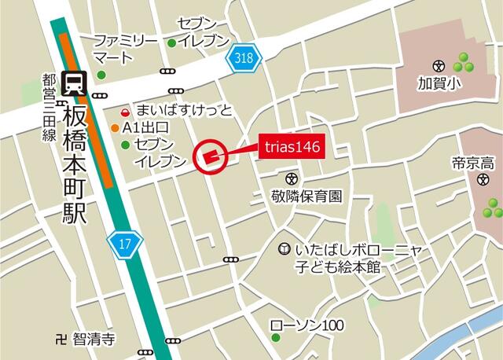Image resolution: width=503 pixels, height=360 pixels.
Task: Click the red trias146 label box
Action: [292, 146]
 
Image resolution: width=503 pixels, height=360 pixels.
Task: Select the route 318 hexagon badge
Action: [244, 57]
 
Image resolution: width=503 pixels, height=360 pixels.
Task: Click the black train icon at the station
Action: [75, 83]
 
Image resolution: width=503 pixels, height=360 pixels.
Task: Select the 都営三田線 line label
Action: [50, 108]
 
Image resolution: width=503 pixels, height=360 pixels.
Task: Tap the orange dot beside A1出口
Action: [116, 128]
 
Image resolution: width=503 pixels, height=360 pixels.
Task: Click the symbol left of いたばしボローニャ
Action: [285, 249]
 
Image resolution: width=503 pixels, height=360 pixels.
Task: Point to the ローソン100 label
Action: [307, 325]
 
